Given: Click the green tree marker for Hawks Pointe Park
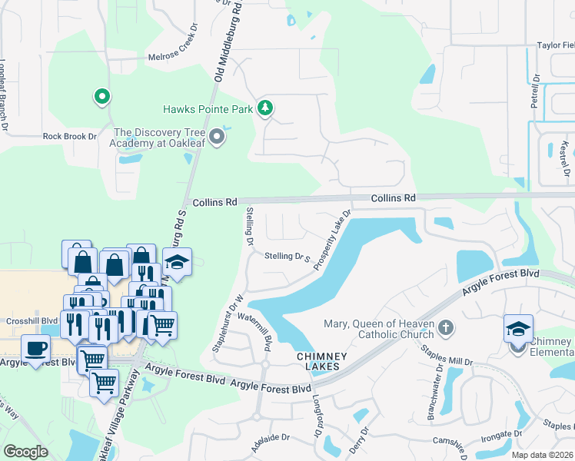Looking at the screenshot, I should pos(265,108).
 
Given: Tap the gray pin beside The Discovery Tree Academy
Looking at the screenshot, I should pos(217,138).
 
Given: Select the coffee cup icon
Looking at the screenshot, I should pos(35,349).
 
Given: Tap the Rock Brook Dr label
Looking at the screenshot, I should pos(70,136).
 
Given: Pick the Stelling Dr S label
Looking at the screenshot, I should pos(286,257).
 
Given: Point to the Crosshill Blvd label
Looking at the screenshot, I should pos(32,320).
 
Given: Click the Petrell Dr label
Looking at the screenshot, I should pos(535,90).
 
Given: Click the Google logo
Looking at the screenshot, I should pos(26,451).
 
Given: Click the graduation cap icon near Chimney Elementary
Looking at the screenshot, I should pos(518,327).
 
